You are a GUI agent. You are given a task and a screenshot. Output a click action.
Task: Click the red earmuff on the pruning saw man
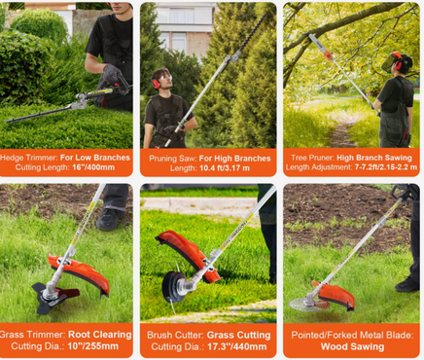[x=156, y=84]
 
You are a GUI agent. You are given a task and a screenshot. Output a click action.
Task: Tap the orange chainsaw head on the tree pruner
[x=328, y=55]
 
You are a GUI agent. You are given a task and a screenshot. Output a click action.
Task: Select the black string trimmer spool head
[x=172, y=287]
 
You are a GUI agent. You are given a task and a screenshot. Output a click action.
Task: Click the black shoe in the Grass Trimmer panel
[x=110, y=219]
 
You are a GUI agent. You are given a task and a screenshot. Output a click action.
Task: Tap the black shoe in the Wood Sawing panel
[x=407, y=284]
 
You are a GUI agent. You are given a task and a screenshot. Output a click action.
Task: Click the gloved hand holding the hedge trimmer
[x=112, y=74]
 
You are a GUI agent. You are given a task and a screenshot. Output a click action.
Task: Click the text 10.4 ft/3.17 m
[x=225, y=168]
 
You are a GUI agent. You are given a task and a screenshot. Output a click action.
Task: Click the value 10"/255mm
[x=93, y=346]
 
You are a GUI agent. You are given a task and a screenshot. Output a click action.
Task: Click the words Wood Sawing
[x=352, y=346]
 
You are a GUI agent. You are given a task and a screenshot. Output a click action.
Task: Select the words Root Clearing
[x=100, y=335]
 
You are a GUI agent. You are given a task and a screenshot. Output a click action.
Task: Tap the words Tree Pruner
[x=312, y=158]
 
